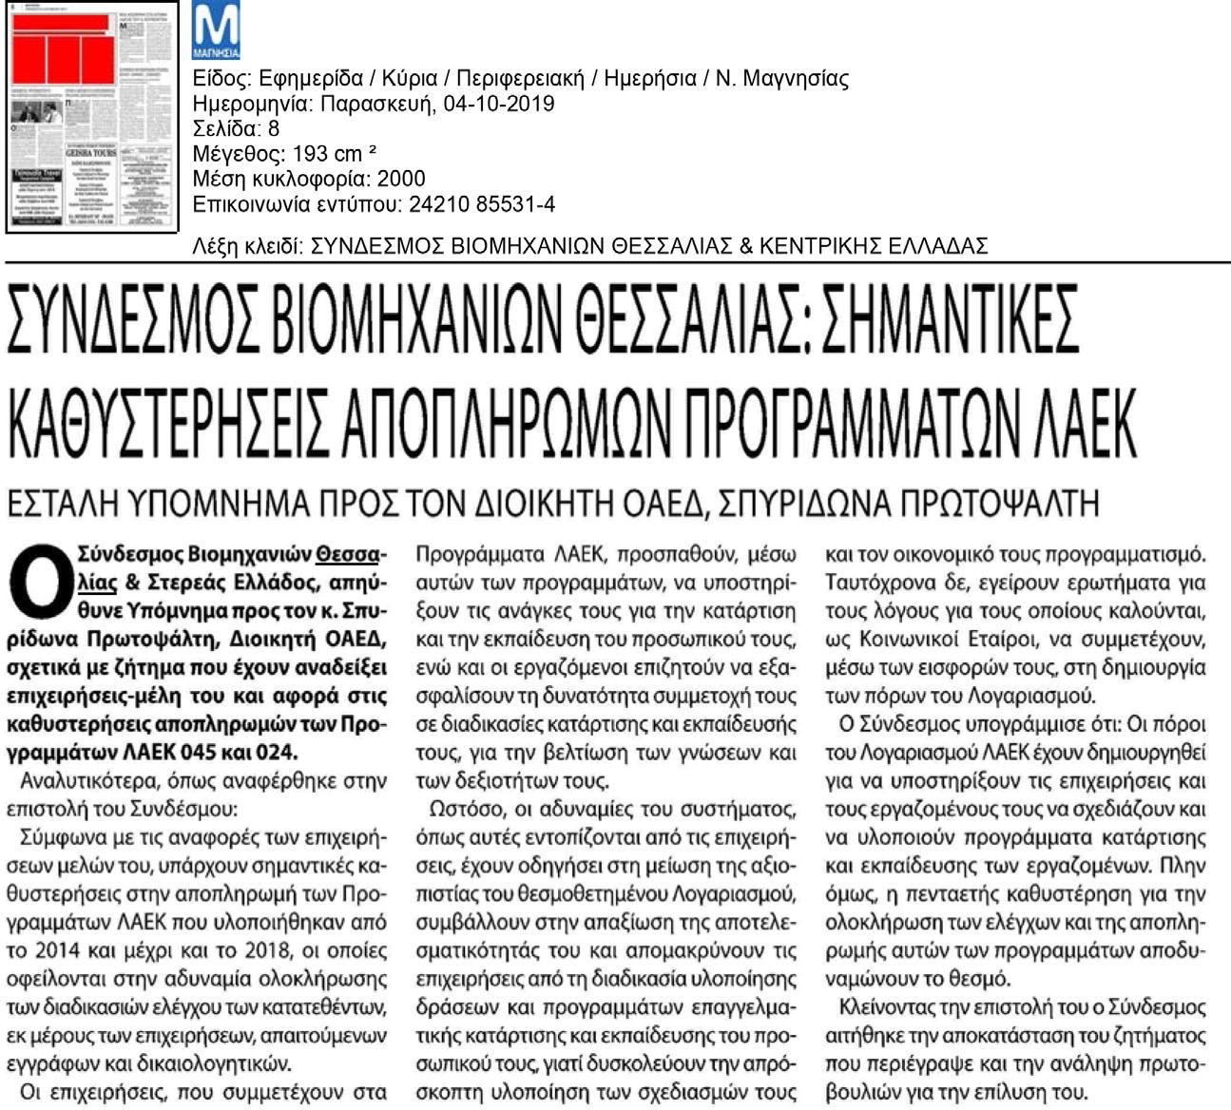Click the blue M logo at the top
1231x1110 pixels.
(216, 29)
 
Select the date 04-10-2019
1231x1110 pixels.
(499, 104)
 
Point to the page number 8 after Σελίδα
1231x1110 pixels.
(274, 128)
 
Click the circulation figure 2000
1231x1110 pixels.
(401, 179)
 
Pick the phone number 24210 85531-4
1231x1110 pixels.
(482, 204)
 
